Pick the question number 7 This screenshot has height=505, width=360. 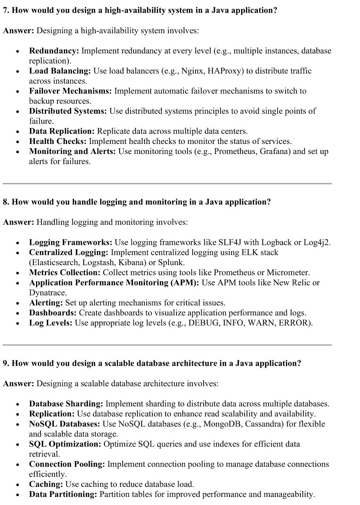point(5,10)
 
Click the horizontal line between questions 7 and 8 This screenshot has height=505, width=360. point(167,183)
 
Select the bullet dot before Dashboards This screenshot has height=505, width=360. point(17,313)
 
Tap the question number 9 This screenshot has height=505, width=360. point(5,363)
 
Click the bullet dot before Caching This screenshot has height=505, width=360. point(17,484)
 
